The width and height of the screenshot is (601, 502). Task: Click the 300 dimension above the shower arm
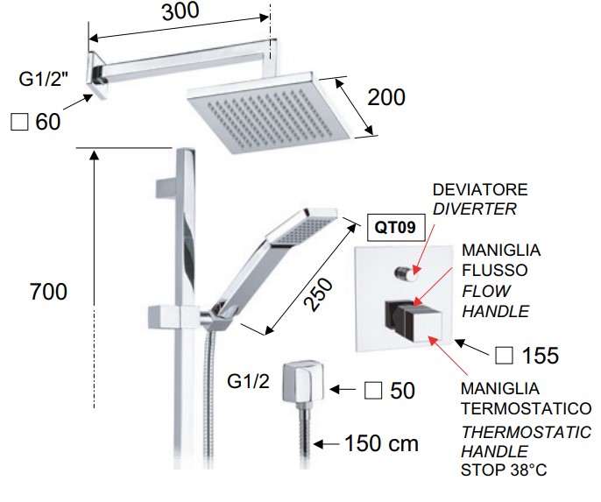coord(180,11)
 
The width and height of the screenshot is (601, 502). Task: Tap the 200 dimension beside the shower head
coord(386,97)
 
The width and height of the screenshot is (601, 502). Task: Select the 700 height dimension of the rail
coord(48,292)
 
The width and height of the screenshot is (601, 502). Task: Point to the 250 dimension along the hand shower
coord(318,294)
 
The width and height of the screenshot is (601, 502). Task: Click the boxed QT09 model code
coord(395,227)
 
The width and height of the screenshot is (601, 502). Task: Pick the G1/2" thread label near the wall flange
coord(43,79)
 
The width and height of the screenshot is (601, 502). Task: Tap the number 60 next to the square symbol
coord(48,122)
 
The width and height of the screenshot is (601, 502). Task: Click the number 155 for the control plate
coord(541,356)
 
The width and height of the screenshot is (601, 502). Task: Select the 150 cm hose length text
coord(381,443)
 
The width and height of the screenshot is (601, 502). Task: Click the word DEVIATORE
coord(480,190)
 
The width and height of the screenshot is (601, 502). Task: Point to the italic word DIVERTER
coord(475,209)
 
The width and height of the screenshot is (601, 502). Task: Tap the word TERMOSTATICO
coord(526,408)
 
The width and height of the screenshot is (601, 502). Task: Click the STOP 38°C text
coord(504,470)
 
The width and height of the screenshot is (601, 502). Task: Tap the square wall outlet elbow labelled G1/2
coord(303,381)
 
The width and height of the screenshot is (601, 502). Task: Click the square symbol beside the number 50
coord(373,391)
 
